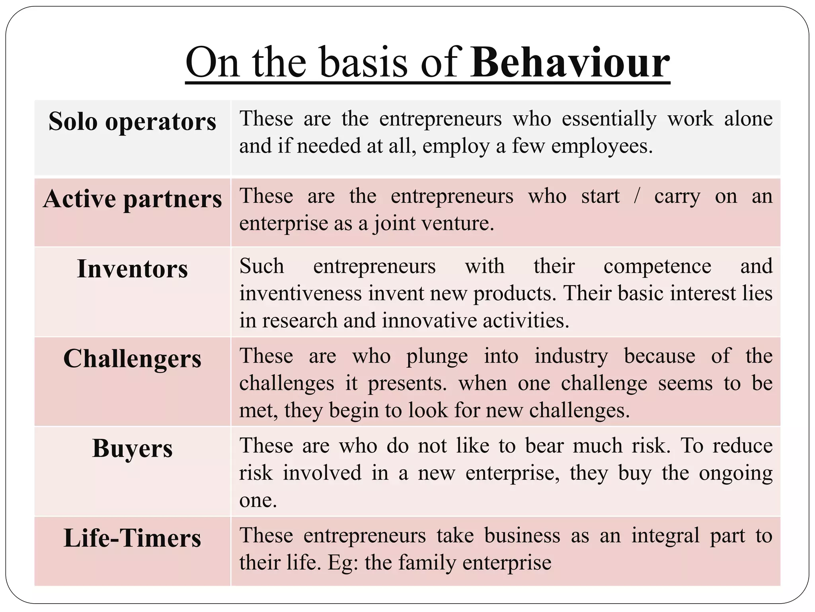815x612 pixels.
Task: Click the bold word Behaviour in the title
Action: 570,63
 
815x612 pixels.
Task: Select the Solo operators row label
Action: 132,121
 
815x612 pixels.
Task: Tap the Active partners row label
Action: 132,198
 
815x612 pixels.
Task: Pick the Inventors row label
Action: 132,269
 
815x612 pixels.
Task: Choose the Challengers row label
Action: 132,359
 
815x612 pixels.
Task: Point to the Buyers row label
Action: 132,448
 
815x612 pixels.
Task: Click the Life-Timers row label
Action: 132,538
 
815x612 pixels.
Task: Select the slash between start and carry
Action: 637,196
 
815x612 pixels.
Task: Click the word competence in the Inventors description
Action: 657,266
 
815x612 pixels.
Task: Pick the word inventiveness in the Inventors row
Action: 300,293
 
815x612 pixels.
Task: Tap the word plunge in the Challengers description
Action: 437,356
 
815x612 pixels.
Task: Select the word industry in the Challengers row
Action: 571,356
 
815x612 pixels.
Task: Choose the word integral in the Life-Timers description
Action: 665,535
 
